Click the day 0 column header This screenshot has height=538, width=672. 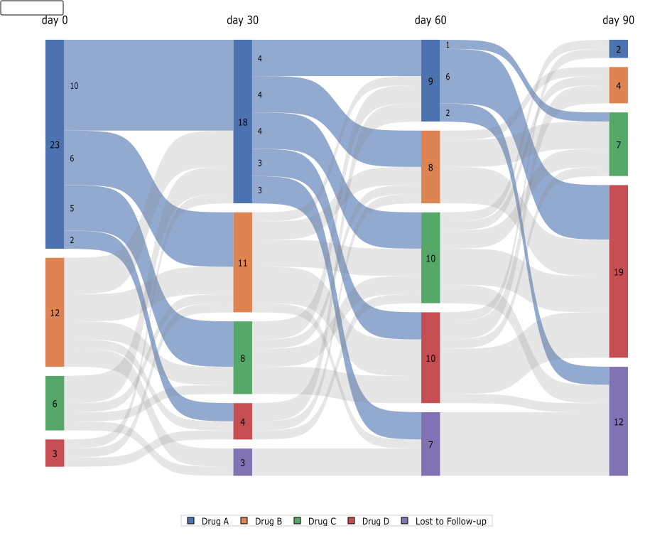[55, 21]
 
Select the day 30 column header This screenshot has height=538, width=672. [243, 21]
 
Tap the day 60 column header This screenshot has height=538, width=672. [430, 21]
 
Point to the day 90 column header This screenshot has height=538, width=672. [618, 21]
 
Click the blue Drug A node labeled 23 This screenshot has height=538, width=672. [55, 144]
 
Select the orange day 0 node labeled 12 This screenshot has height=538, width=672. [55, 313]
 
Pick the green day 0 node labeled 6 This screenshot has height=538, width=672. [55, 403]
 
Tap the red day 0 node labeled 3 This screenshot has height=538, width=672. [55, 453]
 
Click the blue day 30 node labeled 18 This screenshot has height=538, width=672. [243, 122]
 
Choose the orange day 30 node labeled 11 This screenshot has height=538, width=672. [243, 262]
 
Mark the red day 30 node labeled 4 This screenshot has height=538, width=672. [243, 421]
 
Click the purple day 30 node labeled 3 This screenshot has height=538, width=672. [243, 462]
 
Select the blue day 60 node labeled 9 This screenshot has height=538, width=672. [430, 81]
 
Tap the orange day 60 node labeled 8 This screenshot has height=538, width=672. [430, 167]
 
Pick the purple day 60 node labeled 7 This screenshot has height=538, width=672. [430, 444]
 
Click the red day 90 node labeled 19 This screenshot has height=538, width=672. [618, 271]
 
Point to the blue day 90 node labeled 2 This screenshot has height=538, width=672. [618, 49]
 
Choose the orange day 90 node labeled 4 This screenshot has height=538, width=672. [618, 85]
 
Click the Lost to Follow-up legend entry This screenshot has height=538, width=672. [445, 522]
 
